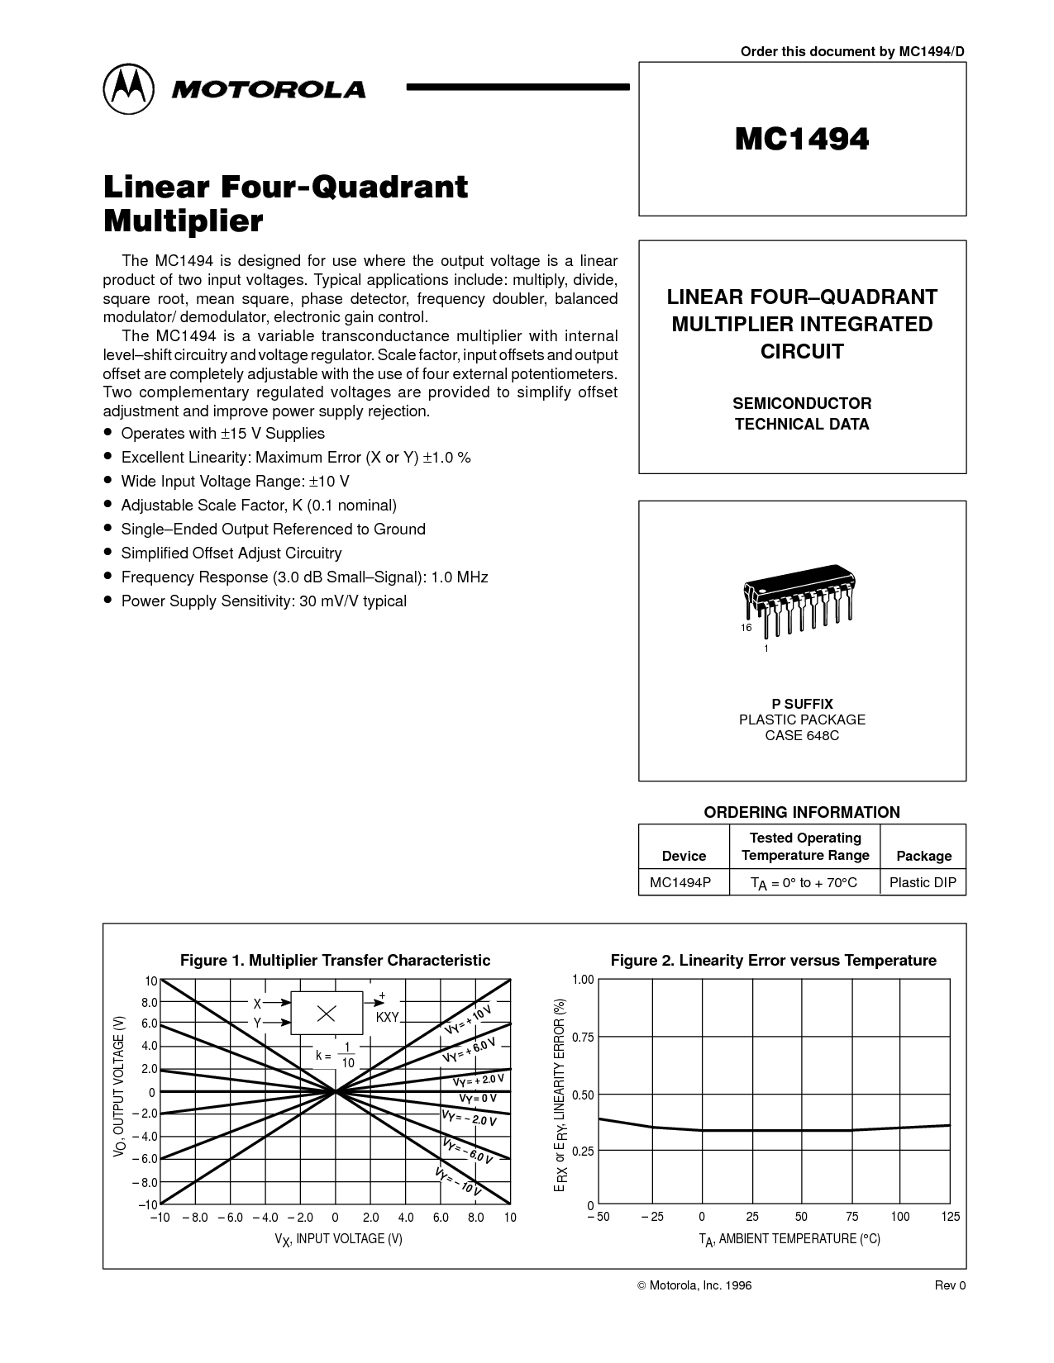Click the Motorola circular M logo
(129, 89)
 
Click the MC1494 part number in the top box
(802, 140)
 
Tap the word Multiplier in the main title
(184, 221)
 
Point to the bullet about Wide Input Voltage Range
(227, 481)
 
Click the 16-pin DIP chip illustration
(799, 599)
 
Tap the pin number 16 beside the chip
(746, 628)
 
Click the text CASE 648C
(802, 735)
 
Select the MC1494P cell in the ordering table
(680, 882)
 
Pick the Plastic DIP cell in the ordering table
(923, 882)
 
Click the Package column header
(923, 856)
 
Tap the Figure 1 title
(336, 961)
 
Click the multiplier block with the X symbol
(327, 1013)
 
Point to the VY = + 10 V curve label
(468, 1020)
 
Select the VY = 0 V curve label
(478, 1099)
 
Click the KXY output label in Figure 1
(388, 1018)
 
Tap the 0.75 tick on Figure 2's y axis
(583, 1038)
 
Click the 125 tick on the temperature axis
(951, 1217)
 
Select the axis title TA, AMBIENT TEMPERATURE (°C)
(789, 1239)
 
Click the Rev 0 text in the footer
(950, 1285)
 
